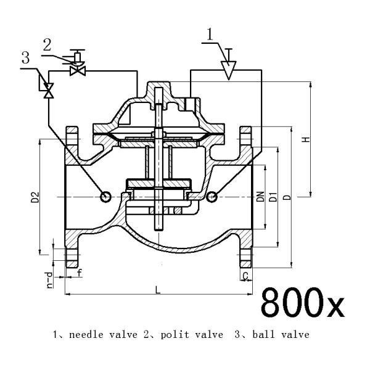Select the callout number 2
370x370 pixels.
47,44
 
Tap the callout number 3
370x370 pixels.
25,59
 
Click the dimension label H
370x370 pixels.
304,141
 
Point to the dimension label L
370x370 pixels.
158,289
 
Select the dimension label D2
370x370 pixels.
35,197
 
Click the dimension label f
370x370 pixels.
79,271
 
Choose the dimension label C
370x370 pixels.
245,276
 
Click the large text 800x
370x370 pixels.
303,302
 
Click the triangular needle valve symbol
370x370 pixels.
229,71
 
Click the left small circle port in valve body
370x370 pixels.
105,196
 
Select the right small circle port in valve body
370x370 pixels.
212,196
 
